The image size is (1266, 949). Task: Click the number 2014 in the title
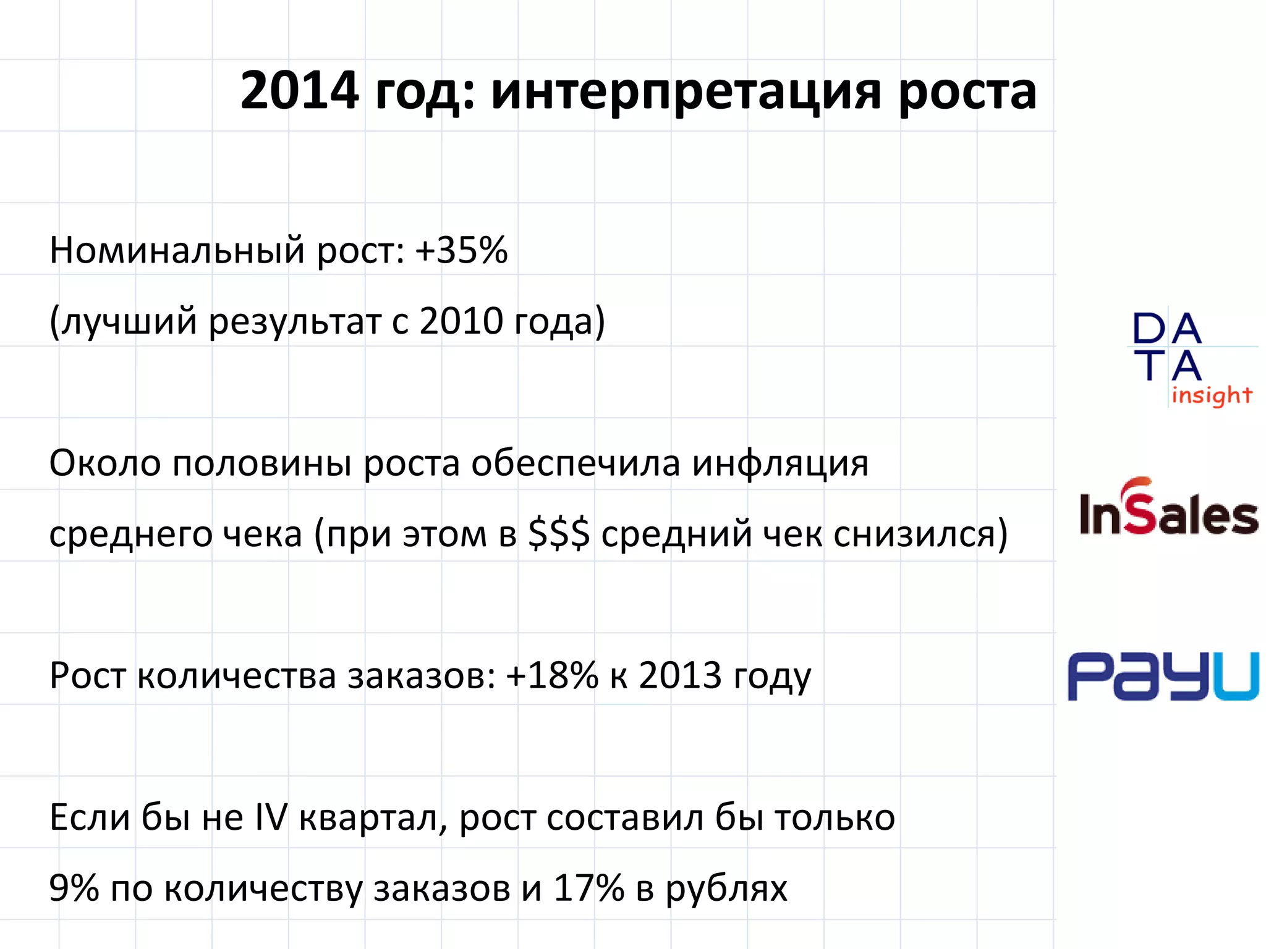[299, 91]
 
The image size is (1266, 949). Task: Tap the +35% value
[461, 250]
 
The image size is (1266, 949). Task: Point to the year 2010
[461, 321]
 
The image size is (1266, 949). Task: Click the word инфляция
[780, 463]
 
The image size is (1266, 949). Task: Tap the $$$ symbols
[559, 534]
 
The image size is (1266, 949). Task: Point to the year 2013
[680, 675]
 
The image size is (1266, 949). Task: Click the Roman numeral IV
[271, 817]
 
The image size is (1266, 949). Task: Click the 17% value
[588, 888]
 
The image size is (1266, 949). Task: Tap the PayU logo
[1163, 676]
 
